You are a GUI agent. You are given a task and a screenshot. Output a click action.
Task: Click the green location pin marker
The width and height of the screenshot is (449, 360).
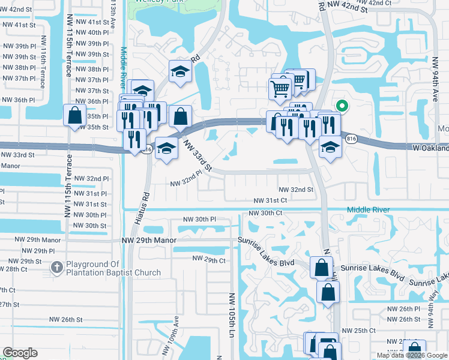(x=342, y=106)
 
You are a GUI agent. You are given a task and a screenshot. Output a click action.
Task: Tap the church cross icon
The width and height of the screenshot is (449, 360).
(x=57, y=268)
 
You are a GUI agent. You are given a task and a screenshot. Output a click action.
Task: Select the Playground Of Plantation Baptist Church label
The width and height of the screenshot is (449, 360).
(x=113, y=268)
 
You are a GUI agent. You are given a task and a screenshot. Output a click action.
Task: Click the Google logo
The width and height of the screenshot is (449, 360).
(x=20, y=353)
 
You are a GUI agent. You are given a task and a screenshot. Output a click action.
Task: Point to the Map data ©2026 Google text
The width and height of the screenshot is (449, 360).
(x=412, y=355)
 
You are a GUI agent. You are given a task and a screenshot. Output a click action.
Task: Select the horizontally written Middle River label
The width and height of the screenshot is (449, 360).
(x=368, y=209)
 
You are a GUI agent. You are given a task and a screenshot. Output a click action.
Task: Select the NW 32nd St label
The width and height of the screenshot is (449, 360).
(x=295, y=189)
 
